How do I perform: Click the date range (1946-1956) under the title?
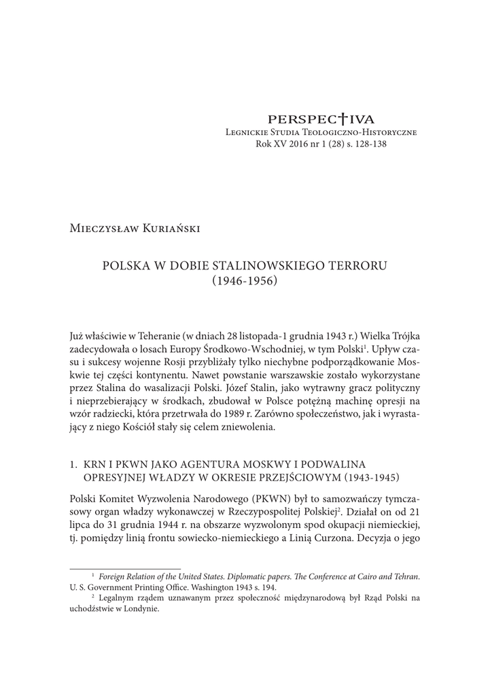[245, 279]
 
